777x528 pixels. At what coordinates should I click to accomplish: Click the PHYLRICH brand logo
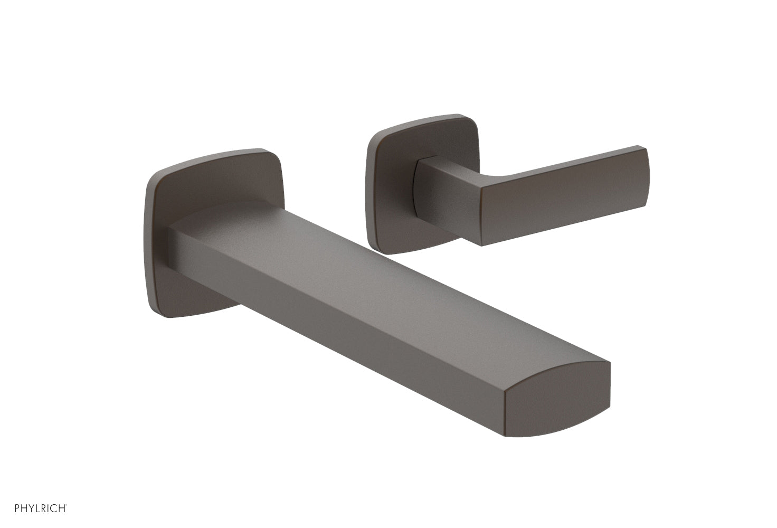coord(40,508)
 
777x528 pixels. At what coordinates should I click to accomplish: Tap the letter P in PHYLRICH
coord(17,508)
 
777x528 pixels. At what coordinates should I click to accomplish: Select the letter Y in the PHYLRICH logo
coord(33,508)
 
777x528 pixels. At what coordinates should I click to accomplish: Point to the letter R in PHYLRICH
coord(46,508)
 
